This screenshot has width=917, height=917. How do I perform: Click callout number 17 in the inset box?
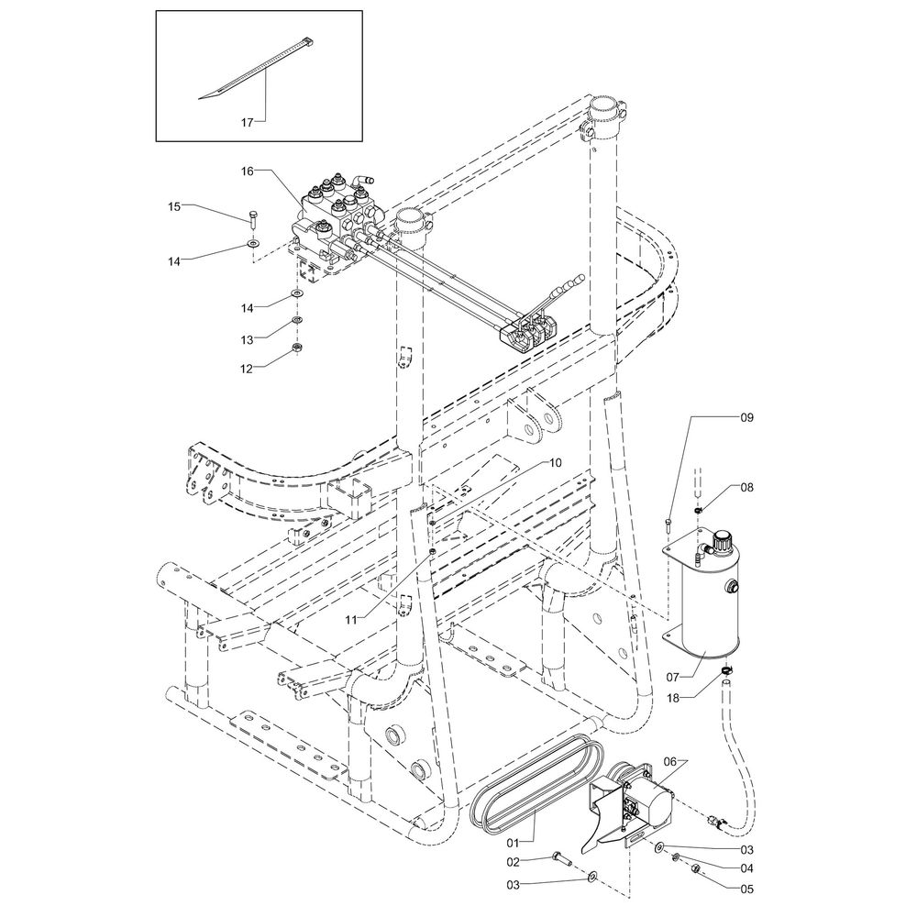pos(248,122)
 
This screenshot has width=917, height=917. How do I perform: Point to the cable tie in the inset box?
pos(258,68)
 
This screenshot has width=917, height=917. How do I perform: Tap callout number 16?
pos(248,171)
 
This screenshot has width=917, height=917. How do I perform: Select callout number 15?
pos(174,206)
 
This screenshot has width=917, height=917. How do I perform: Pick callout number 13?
pos(248,340)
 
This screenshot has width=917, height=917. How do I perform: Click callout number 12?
pos(248,369)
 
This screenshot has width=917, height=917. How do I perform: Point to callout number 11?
pos(351,620)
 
